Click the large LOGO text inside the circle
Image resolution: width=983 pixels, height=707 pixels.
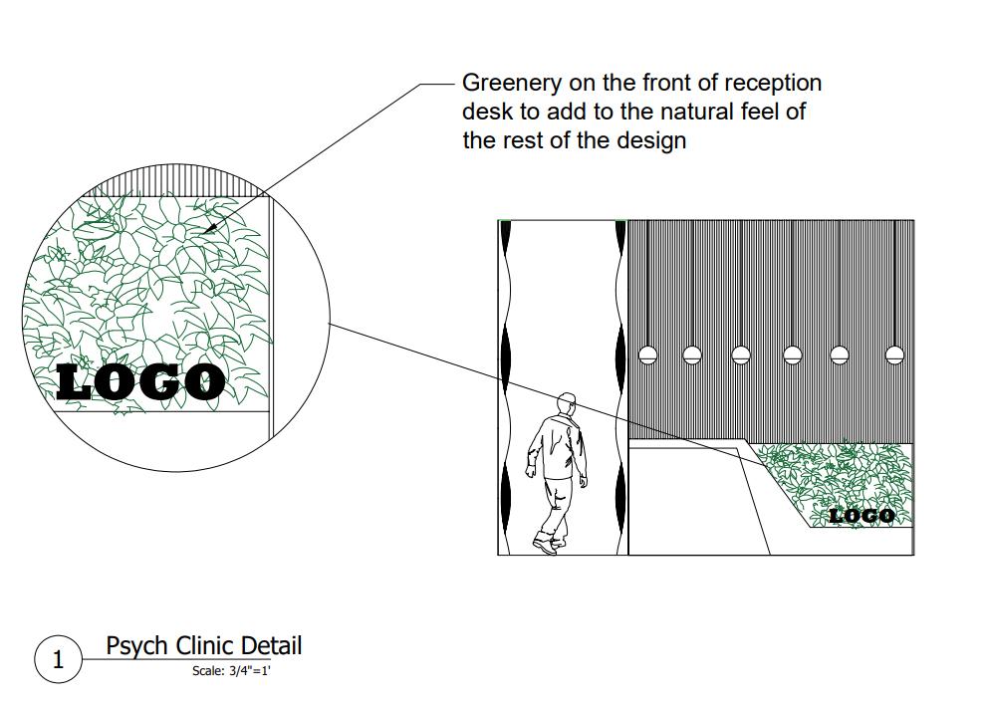140,382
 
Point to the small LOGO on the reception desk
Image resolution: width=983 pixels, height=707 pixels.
861,515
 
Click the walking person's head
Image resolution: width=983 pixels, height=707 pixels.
567,404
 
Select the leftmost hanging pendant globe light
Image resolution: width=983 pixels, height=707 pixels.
647,354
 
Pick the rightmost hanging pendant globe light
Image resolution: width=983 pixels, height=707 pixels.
894,354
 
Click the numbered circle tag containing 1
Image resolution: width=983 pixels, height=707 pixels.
58,659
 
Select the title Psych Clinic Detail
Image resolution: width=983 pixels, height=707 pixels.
203,645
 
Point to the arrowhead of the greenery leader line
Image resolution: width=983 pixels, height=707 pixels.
210,230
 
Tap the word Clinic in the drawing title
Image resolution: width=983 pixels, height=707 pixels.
208,645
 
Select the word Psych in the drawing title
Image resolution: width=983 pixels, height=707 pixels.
137,645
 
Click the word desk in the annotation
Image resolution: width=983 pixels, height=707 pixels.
485,112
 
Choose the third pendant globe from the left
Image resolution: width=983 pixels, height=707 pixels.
741,354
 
